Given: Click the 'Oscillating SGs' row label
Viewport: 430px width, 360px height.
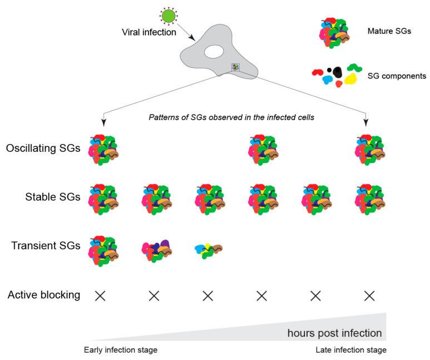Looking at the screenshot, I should [x=43, y=149].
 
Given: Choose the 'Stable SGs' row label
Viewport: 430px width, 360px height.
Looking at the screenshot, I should [x=53, y=196].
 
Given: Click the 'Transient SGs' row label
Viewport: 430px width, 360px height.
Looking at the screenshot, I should [x=46, y=244].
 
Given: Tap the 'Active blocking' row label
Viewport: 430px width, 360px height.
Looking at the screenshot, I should [x=44, y=295].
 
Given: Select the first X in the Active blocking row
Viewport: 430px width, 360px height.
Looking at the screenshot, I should [x=100, y=295].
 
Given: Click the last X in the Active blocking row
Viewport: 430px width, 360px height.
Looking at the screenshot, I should [x=369, y=295].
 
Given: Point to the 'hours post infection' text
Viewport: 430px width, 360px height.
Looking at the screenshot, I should [x=334, y=333].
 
